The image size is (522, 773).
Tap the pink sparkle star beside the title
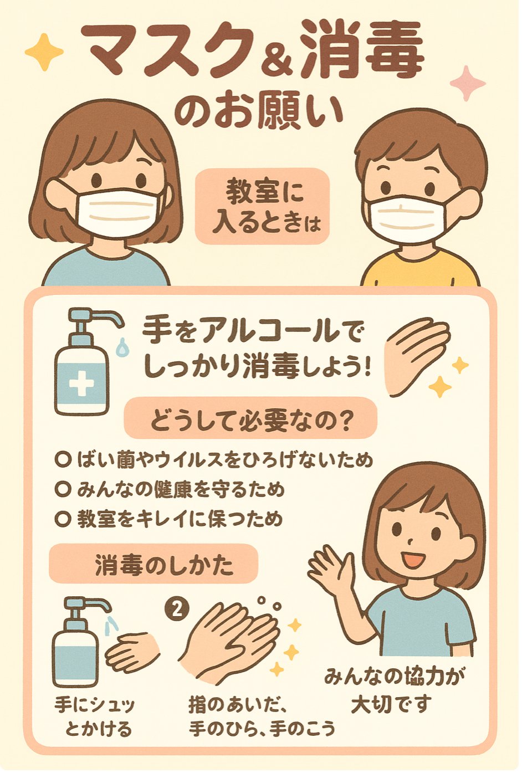[x=468, y=84]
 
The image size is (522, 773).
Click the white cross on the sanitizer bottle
[x=81, y=382]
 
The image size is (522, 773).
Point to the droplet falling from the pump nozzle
[x=121, y=346]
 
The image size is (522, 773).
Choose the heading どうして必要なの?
[x=250, y=421]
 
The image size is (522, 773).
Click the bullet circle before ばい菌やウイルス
[x=63, y=459]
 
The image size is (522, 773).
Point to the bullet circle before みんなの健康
[x=63, y=489]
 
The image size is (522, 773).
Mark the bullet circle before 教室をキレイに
[x=63, y=520]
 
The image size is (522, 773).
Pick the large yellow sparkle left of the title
[x=44, y=52]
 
